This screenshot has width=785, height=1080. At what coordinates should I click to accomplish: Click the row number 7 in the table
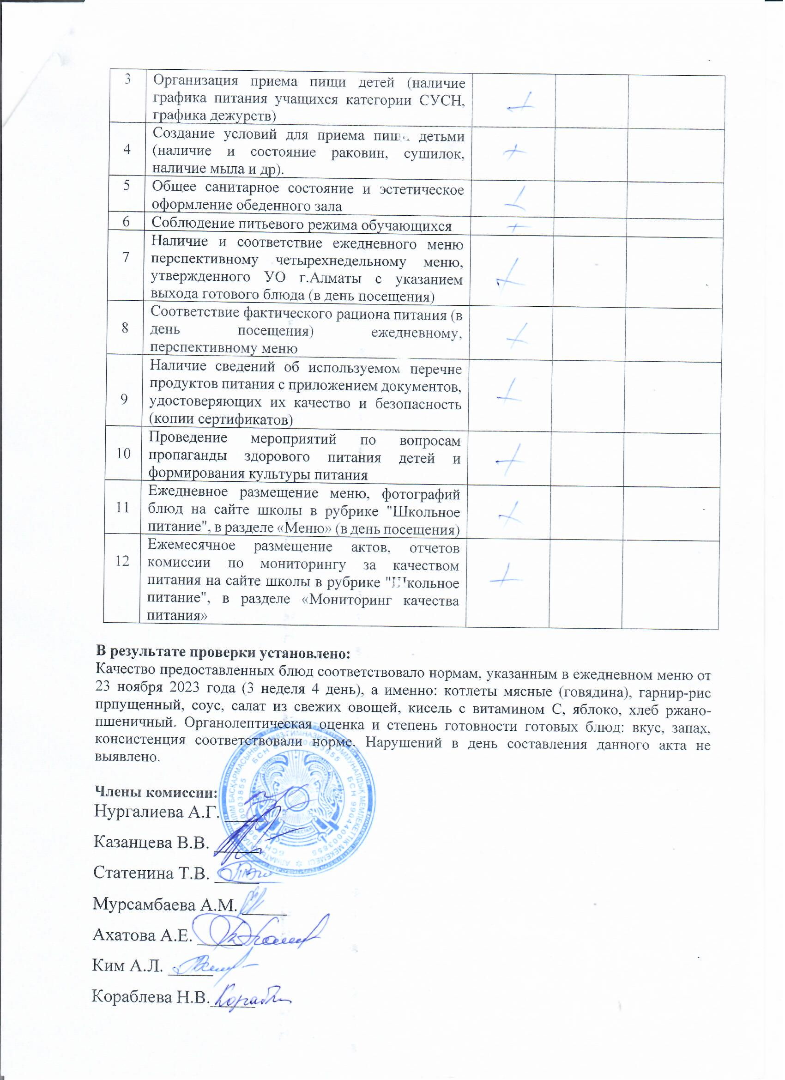coord(126,257)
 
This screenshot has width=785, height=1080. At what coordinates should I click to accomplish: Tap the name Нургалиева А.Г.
coord(156,811)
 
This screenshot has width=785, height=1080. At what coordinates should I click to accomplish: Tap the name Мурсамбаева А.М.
coord(165,904)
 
